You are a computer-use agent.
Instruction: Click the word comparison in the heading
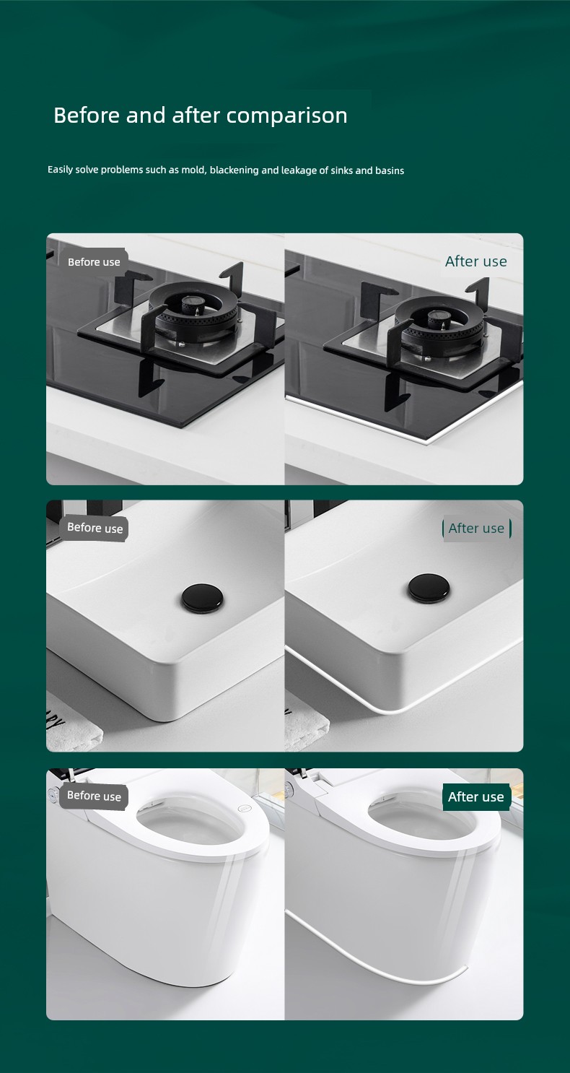[x=286, y=116]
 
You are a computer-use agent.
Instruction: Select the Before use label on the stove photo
[x=94, y=262]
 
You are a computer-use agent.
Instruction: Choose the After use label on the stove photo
[x=475, y=261]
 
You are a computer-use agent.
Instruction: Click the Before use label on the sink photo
[x=95, y=528]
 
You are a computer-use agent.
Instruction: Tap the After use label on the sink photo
[x=477, y=529]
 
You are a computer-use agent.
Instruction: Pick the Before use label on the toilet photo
[x=94, y=796]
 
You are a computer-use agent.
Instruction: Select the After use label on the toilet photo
[x=476, y=796]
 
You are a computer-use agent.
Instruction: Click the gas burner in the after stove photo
[x=439, y=326]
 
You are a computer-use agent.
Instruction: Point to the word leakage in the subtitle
[x=299, y=170]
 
